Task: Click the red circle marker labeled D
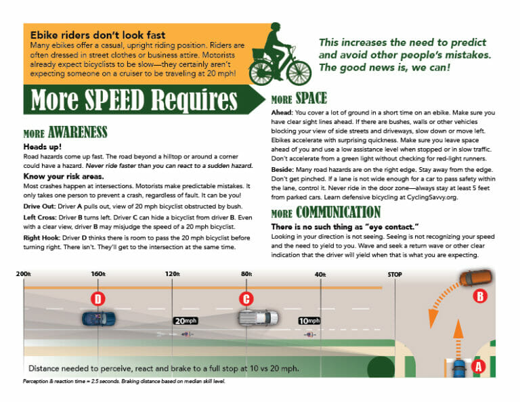pyautogui.click(x=98, y=298)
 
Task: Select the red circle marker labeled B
pyautogui.click(x=479, y=295)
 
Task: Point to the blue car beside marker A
pyautogui.click(x=460, y=370)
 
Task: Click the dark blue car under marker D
pyautogui.click(x=98, y=317)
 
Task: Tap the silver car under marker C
pyautogui.click(x=258, y=317)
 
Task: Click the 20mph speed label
pyautogui.click(x=185, y=321)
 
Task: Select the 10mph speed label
pyautogui.click(x=309, y=321)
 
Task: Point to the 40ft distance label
pyautogui.click(x=320, y=274)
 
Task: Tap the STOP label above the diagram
pyautogui.click(x=394, y=274)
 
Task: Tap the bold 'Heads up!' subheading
pyautogui.click(x=42, y=146)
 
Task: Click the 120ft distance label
pyautogui.click(x=173, y=274)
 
